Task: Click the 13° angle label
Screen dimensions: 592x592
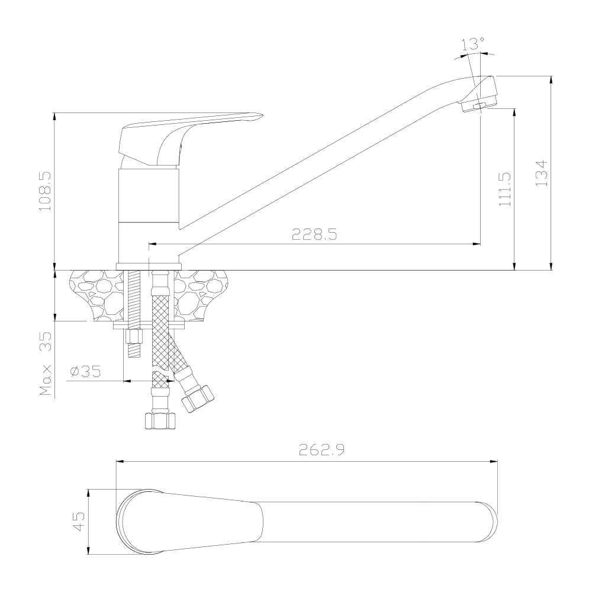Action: click(x=472, y=44)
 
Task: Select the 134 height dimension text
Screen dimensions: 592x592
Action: click(x=542, y=173)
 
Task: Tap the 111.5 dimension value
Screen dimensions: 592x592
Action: click(x=505, y=189)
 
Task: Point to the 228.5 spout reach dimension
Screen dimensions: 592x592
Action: click(x=314, y=234)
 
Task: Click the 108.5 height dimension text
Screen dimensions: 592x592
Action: click(x=46, y=191)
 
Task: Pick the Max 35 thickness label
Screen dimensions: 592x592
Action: click(x=46, y=363)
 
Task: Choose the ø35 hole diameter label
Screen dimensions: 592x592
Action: click(x=86, y=371)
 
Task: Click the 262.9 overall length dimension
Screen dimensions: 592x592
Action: click(x=321, y=450)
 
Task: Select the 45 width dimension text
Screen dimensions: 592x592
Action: click(x=79, y=522)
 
